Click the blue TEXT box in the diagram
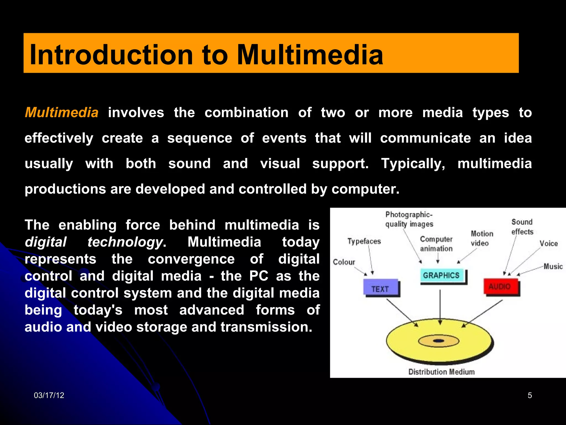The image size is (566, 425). coord(381,288)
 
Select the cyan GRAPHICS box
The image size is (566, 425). coord(441,275)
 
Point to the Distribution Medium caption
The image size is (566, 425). coord(441,372)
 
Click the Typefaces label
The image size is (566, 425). coord(364,241)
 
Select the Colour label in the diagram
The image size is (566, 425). coord(344,262)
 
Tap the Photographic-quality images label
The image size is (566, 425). coord(409,219)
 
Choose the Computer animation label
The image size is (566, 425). coord(436,244)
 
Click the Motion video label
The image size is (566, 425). coord(482,239)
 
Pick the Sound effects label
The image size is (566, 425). coord(522,227)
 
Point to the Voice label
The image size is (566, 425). coord(549,243)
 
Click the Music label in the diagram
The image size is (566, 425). coord(553,266)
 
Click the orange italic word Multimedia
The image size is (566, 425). coord(62,113)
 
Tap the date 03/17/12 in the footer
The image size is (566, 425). coord(49,395)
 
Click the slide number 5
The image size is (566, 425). coord(530,395)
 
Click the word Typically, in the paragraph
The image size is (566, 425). coord(413,164)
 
